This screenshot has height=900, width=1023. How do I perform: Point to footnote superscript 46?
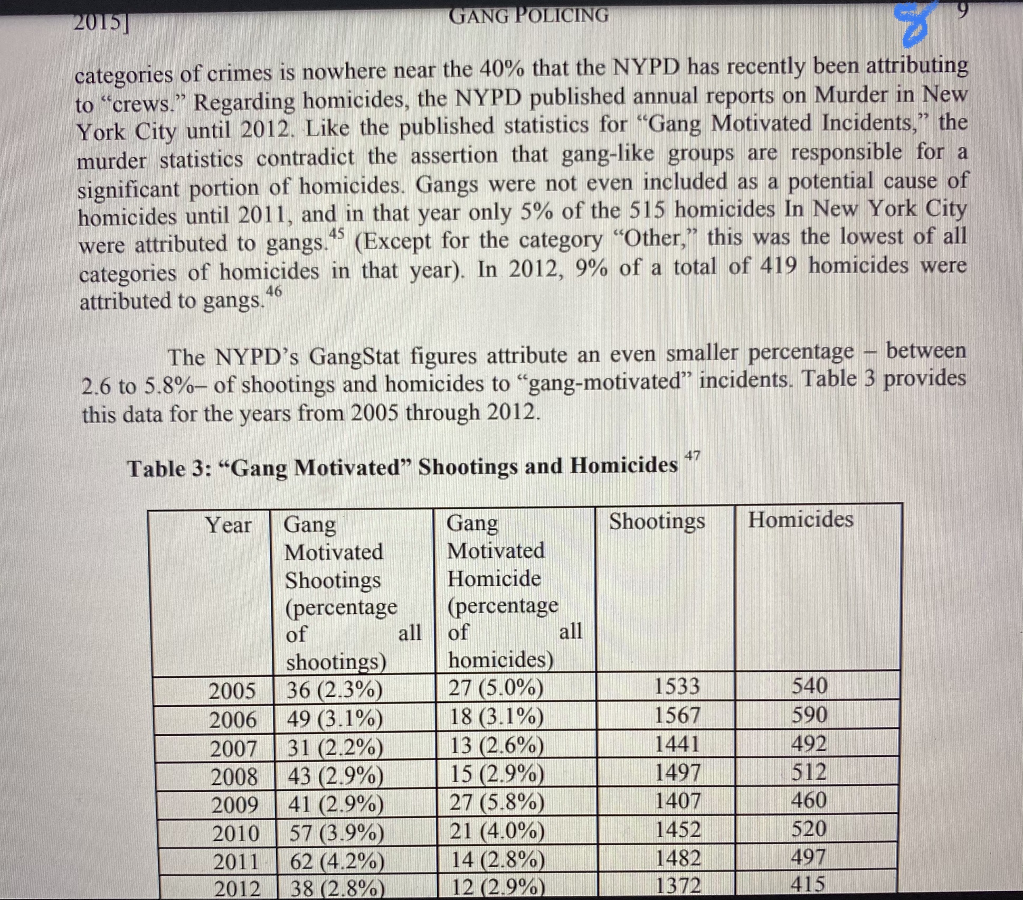pyautogui.click(x=273, y=291)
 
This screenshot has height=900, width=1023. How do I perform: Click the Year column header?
pyautogui.click(x=228, y=525)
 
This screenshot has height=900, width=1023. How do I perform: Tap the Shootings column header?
pyautogui.click(x=657, y=521)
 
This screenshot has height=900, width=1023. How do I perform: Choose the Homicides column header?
pyautogui.click(x=800, y=519)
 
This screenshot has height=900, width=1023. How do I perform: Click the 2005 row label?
pyautogui.click(x=232, y=691)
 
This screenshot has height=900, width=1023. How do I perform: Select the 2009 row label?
pyautogui.click(x=235, y=805)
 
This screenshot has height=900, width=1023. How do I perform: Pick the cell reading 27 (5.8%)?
pyautogui.click(x=496, y=802)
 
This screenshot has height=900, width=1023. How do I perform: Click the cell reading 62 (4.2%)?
pyautogui.click(x=337, y=861)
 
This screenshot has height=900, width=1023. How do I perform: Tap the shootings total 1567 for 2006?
pyautogui.click(x=677, y=715)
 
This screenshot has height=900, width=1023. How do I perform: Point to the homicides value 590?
pyautogui.click(x=809, y=715)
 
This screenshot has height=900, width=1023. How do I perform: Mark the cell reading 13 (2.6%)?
pyautogui.click(x=496, y=745)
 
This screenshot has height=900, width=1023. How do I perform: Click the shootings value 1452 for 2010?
pyautogui.click(x=678, y=829)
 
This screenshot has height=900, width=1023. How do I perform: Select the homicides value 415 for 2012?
pyautogui.click(x=808, y=884)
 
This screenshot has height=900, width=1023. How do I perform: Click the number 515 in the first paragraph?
pyautogui.click(x=649, y=211)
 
